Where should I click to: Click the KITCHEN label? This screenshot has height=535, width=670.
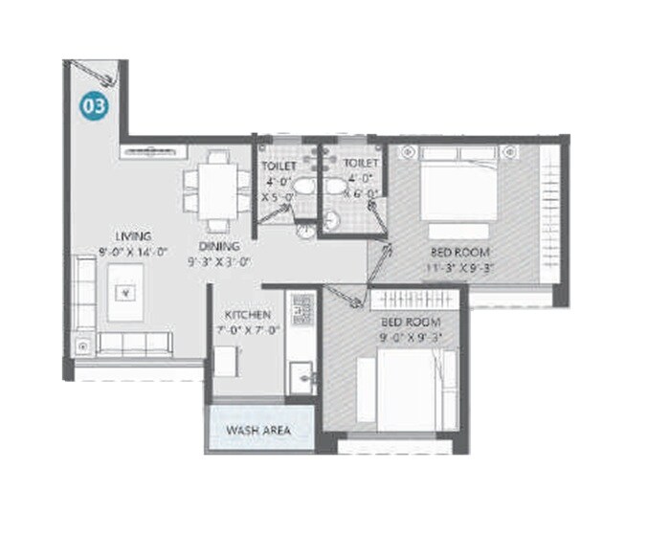[x=248, y=315]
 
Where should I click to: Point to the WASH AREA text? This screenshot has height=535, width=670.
[x=258, y=431]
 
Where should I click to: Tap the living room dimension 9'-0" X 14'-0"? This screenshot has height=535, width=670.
[x=133, y=253]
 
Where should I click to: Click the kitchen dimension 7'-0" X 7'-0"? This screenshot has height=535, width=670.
[x=248, y=330]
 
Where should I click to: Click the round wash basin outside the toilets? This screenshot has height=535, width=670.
[x=305, y=230]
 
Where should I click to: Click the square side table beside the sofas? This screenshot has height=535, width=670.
[x=83, y=345]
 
